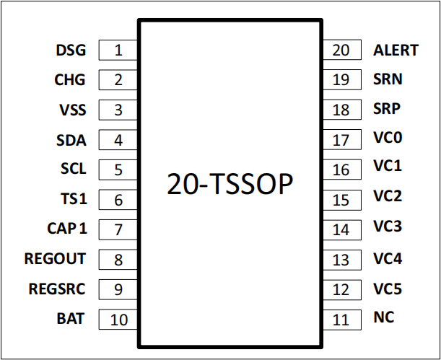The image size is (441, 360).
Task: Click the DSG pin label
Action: click(x=71, y=51)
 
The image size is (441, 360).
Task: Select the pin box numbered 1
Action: click(x=118, y=50)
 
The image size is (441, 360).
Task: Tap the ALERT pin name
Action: click(x=396, y=51)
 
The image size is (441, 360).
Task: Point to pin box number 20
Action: click(x=341, y=50)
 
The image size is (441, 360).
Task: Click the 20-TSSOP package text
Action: click(x=230, y=184)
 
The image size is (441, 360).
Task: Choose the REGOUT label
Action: click(x=55, y=258)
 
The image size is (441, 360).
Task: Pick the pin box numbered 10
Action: click(x=118, y=320)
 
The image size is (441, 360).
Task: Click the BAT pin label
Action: click(x=71, y=319)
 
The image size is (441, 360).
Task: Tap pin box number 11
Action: click(x=341, y=320)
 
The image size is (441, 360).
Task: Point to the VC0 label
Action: click(x=388, y=137)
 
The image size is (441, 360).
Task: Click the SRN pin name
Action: click(x=388, y=79)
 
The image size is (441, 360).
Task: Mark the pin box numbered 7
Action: click(x=118, y=229)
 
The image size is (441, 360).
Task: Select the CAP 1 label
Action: click(x=67, y=228)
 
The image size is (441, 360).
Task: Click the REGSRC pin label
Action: click(x=57, y=289)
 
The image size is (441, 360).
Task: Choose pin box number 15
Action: click(x=341, y=200)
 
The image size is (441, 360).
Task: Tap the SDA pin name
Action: click(x=71, y=141)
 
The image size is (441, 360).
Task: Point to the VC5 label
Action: click(x=388, y=289)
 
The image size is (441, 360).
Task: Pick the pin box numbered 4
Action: click(x=118, y=140)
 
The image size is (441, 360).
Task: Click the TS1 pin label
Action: click(x=74, y=199)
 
